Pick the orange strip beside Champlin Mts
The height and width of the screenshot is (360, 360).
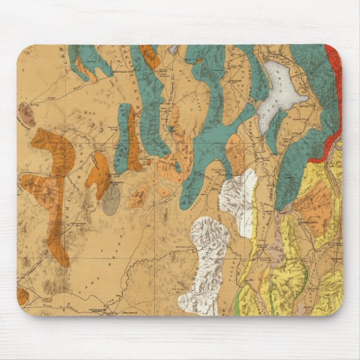coord(134,143)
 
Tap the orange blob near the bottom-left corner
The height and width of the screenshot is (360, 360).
coord(23,296)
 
